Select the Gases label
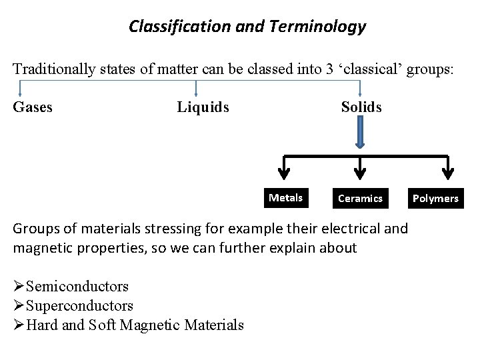(x=33, y=107)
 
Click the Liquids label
(x=203, y=107)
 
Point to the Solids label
(x=361, y=107)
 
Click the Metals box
(x=285, y=197)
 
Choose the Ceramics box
(x=360, y=198)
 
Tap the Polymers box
(x=435, y=198)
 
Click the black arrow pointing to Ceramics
(x=361, y=169)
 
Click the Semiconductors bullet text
(x=77, y=287)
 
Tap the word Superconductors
(x=79, y=306)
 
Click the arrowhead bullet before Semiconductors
(x=19, y=287)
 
